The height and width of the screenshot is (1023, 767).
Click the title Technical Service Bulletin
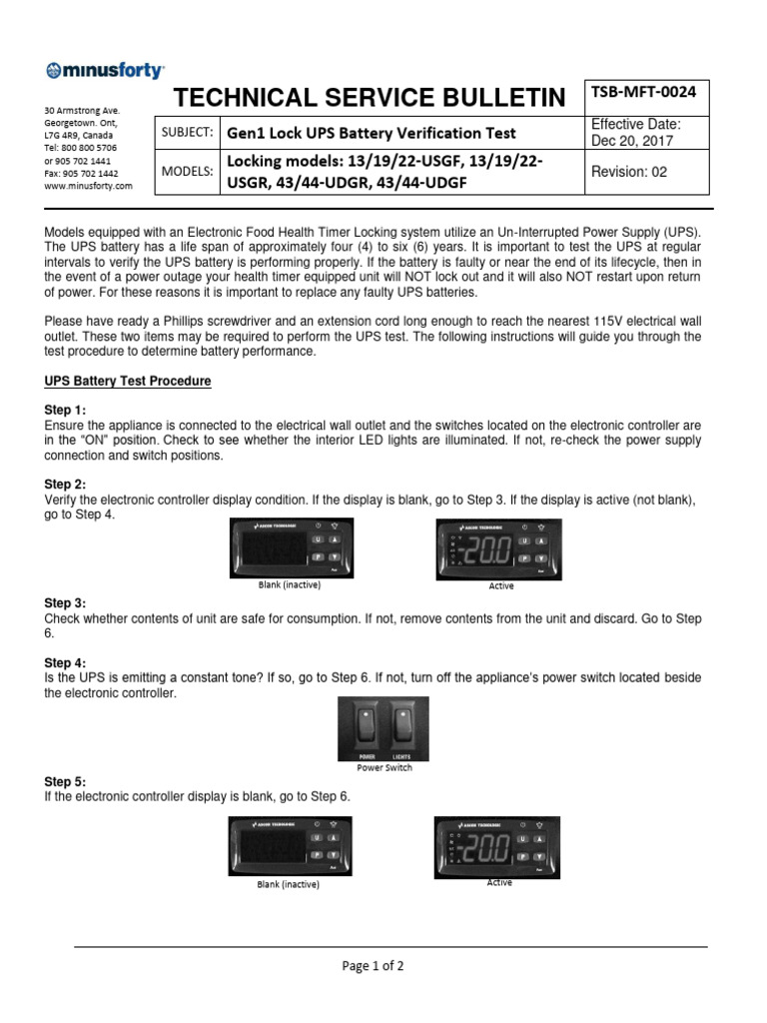tap(369, 97)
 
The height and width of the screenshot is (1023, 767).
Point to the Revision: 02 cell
tap(629, 171)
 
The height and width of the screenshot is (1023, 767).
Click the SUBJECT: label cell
tap(186, 132)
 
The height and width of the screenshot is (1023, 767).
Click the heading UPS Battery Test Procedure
tap(128, 382)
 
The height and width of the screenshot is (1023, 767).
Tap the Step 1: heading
tap(65, 410)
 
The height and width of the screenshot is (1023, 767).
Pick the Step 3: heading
tap(65, 603)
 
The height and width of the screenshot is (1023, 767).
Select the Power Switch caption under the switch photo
tap(384, 768)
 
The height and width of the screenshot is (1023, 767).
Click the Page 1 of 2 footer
tap(374, 966)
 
